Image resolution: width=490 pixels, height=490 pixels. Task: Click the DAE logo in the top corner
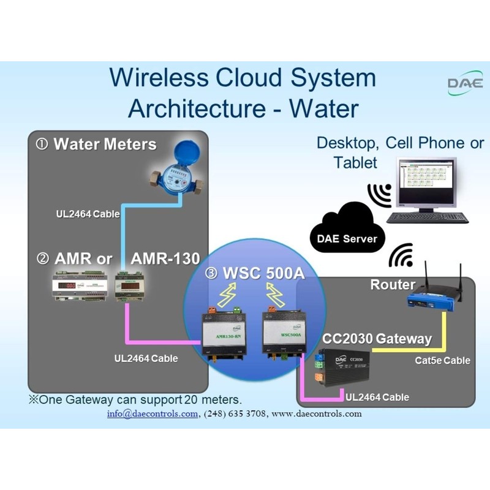coord(465,83)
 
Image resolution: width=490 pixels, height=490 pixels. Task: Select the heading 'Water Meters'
coord(105,145)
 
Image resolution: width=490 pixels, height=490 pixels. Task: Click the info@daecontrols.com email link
coord(153,413)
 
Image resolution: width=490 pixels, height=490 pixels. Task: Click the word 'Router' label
coord(393,285)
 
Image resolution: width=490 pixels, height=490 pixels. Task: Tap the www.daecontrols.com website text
coord(317,413)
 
